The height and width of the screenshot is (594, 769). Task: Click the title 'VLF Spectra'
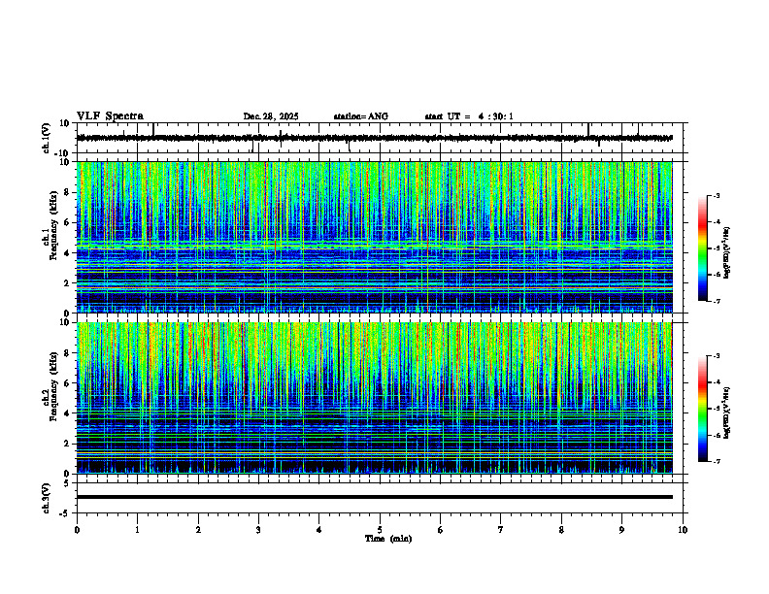pyautogui.click(x=110, y=116)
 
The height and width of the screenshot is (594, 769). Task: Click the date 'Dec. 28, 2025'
pyautogui.click(x=271, y=116)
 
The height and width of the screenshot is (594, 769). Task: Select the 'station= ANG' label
pyautogui.click(x=360, y=116)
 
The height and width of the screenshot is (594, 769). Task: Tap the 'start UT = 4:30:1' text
pyautogui.click(x=469, y=116)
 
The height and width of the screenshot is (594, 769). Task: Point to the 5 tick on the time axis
pyautogui.click(x=380, y=530)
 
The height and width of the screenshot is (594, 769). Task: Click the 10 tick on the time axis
pyautogui.click(x=683, y=530)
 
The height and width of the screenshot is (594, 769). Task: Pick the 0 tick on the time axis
pyautogui.click(x=77, y=530)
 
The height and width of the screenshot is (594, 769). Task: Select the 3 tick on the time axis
pyautogui.click(x=258, y=530)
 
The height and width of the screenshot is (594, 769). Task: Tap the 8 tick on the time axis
pyautogui.click(x=561, y=530)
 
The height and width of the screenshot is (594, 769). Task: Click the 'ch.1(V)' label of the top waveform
pyautogui.click(x=47, y=138)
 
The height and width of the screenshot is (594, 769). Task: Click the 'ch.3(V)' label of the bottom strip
pyautogui.click(x=47, y=497)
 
